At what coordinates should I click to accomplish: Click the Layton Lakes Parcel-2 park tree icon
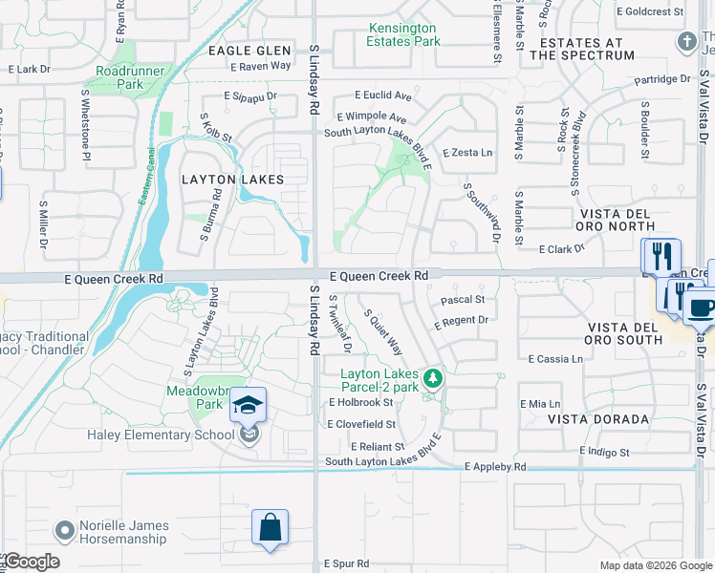[x=433, y=379]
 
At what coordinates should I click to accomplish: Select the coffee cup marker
[x=702, y=308]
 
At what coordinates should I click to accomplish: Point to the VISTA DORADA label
[x=598, y=419]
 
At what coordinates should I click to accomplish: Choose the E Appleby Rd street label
[x=495, y=467]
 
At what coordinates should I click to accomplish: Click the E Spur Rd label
[x=346, y=563]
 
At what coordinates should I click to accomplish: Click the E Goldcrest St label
[x=651, y=11]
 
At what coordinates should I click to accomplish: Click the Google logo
[x=31, y=562]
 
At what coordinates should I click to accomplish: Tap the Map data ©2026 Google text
[x=656, y=565]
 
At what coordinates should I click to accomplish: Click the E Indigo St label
[x=604, y=451]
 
